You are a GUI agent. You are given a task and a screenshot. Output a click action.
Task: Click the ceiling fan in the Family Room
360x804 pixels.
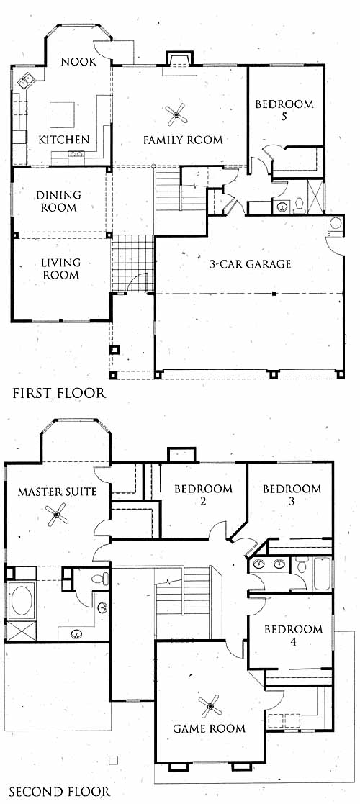click(x=176, y=114)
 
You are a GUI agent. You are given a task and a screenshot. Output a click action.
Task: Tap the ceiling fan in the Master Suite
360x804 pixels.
click(x=57, y=515)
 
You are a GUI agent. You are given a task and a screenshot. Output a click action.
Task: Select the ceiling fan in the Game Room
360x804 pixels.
click(x=210, y=706)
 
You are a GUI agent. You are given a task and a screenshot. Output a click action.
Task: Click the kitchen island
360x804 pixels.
click(x=62, y=115)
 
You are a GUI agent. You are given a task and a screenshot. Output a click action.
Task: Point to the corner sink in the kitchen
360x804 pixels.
click(x=24, y=81)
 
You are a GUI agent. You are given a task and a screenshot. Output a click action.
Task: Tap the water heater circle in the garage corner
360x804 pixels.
click(x=336, y=223)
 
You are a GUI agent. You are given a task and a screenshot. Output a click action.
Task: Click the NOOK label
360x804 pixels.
click(x=78, y=62)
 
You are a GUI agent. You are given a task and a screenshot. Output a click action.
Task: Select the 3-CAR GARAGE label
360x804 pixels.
click(x=250, y=264)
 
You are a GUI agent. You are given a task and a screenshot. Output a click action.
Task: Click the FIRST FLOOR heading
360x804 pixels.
click(x=59, y=393)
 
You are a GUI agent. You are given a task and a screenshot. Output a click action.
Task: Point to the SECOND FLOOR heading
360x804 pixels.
click(x=60, y=792)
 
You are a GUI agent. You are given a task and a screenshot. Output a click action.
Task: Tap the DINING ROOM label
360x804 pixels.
click(x=58, y=202)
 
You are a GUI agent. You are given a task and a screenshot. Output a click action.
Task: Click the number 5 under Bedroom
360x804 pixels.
click(x=284, y=117)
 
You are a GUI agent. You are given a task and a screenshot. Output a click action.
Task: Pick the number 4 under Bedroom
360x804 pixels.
click(x=293, y=641)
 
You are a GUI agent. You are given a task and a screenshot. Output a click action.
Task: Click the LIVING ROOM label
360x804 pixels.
click(x=60, y=268)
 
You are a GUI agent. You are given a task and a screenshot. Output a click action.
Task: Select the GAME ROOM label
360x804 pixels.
click(x=209, y=728)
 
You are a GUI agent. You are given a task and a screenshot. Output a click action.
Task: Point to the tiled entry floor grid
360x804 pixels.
click(x=132, y=263)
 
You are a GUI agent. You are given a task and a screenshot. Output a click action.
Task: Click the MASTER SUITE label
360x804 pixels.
click(x=57, y=492)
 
